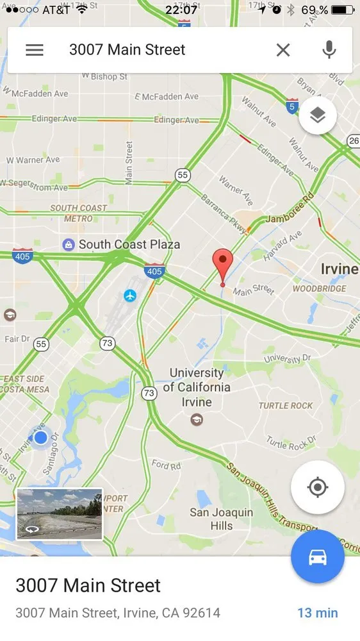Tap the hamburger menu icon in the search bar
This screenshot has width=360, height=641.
pos(35,50)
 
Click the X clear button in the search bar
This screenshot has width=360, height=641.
pos(283,50)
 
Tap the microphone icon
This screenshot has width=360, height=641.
pos(329,50)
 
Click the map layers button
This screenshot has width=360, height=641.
pos(318,115)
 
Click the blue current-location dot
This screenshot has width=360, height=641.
pos(41,437)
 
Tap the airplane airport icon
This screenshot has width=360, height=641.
pos(130,296)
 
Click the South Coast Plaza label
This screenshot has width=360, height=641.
pos(129,244)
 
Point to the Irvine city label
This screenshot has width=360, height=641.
pos(339,269)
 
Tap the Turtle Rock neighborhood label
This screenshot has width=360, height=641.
pos(285,406)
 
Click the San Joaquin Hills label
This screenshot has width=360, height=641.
pos(221,519)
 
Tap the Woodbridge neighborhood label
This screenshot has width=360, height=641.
pos(319,288)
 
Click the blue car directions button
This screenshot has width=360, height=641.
pos(318,557)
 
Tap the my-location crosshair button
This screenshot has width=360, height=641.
pos(318,487)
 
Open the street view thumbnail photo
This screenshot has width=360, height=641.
pos(59,514)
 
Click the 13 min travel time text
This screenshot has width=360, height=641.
pos(317,613)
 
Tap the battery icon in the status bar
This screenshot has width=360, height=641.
pos(343,10)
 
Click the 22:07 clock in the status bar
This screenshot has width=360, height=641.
pos(181,10)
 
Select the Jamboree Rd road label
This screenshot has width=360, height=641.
pos(288,215)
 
